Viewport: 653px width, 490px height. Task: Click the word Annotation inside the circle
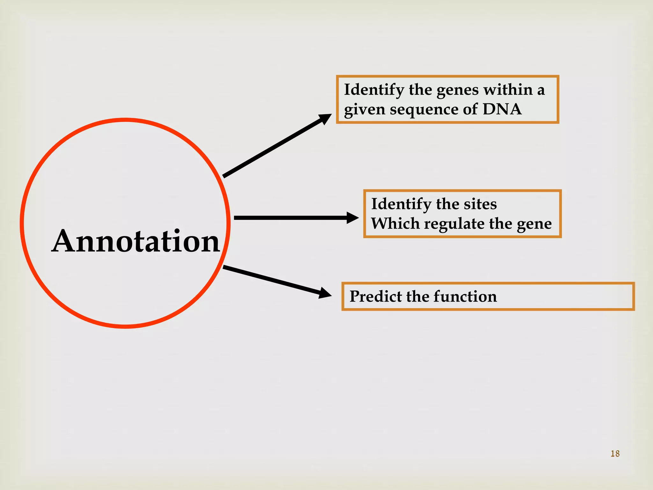[136, 241]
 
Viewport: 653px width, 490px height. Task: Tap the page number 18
[615, 454]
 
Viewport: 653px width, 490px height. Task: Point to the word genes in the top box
[457, 90]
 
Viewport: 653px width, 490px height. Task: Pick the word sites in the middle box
[480, 204]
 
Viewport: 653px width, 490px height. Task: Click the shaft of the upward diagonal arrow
[271, 149]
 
